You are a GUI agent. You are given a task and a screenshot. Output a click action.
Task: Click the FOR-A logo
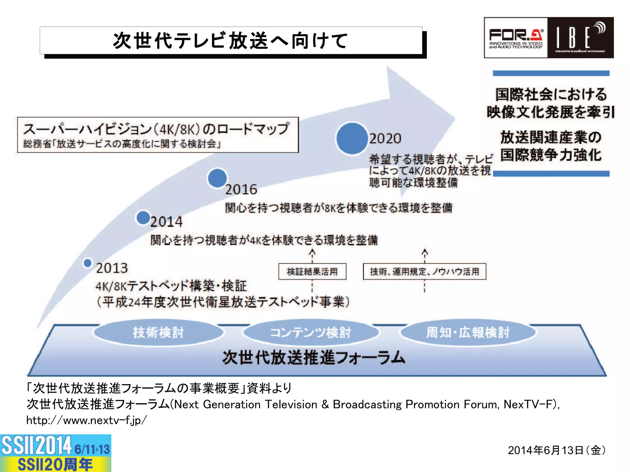point(516,38)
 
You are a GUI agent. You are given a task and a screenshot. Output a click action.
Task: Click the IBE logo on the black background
point(580,38)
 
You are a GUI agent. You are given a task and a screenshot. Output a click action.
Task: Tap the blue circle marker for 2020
point(352,138)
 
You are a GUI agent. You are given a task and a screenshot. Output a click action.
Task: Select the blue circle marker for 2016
point(217,178)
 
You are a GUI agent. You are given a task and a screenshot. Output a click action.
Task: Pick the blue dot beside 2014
point(143,218)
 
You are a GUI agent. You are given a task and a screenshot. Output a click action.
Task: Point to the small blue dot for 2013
point(88,263)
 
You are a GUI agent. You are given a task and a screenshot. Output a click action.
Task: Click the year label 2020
point(385,139)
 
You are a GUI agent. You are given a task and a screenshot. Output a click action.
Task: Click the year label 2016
point(241,189)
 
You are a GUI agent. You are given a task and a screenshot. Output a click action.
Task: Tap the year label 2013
point(112,268)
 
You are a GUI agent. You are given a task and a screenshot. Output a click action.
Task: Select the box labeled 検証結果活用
point(312,272)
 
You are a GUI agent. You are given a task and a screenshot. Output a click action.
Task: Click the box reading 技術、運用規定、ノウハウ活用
point(425,272)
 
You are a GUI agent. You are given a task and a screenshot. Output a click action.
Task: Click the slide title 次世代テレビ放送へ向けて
point(231,41)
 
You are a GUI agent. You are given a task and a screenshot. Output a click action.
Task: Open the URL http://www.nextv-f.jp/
point(86,420)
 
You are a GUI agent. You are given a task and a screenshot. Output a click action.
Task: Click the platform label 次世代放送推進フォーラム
point(314,358)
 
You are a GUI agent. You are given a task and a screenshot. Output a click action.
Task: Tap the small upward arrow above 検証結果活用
point(312,253)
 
